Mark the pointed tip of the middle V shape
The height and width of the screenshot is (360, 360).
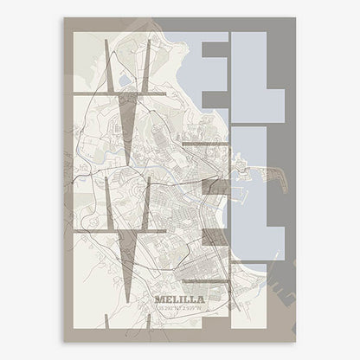point(128,299)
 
